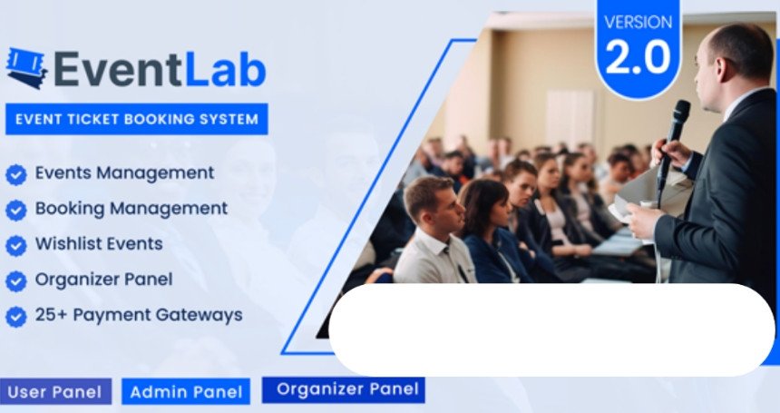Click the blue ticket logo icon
[26, 68]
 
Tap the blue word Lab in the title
[225, 69]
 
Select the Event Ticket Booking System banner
[137, 119]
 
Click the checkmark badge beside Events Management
[16, 175]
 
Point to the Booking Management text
[132, 209]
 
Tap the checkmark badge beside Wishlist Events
[16, 246]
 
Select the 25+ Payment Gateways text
[139, 315]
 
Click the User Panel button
[55, 391]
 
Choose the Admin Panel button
[186, 392]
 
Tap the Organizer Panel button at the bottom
[344, 389]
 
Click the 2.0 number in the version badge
[638, 56]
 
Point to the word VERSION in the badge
[639, 22]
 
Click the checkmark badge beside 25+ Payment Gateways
[16, 317]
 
